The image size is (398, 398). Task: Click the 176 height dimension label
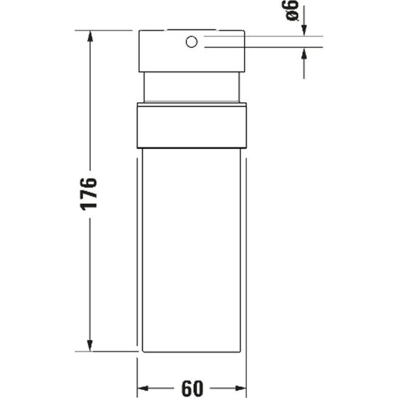(89, 192)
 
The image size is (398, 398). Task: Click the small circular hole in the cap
(192, 42)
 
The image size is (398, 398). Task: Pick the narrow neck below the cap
(193, 89)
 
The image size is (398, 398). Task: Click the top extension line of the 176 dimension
(109, 30)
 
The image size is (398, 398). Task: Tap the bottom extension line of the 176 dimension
(109, 352)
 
